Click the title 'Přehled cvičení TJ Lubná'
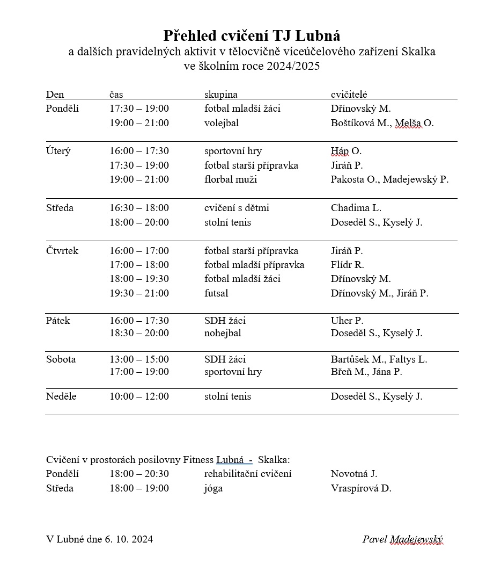[252, 36]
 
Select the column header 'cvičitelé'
[349, 95]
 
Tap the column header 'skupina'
[221, 95]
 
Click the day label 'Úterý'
[58, 151]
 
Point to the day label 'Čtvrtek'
[62, 251]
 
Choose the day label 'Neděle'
[61, 396]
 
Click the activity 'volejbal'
[222, 123]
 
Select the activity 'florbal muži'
[231, 179]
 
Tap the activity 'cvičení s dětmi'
[237, 208]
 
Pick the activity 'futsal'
[216, 293]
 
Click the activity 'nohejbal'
[223, 333]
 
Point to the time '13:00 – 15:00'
[139, 359]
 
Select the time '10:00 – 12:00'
[139, 396]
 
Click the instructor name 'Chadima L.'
[356, 208]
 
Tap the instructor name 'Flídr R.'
[348, 265]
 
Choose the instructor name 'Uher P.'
[347, 321]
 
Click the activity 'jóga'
[213, 488]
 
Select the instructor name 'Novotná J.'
[354, 474]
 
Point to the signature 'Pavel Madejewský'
[403, 539]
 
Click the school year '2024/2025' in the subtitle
[296, 66]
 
